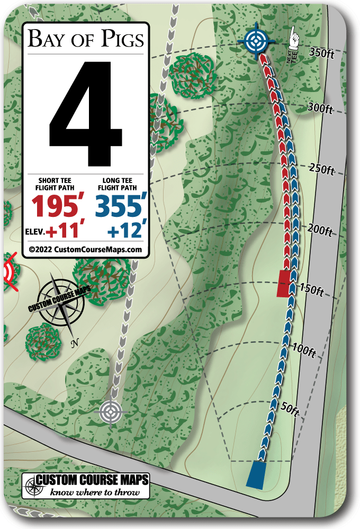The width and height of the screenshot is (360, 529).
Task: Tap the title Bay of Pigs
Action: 85,39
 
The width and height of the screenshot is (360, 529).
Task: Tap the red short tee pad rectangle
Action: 284,283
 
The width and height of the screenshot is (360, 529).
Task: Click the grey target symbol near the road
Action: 110,411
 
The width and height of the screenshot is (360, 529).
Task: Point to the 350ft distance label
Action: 321,52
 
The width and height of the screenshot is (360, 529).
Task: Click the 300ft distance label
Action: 320,109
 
